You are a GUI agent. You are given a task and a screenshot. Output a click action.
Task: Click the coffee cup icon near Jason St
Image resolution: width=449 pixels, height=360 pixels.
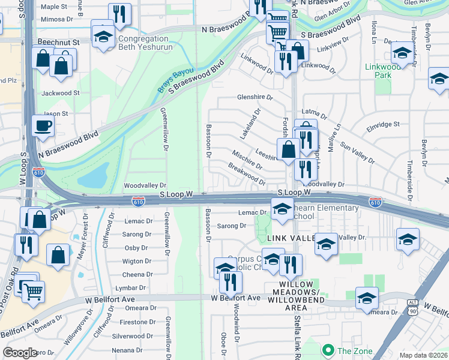[x=43, y=126]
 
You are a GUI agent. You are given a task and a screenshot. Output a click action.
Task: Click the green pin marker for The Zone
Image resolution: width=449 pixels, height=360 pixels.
[x=328, y=350]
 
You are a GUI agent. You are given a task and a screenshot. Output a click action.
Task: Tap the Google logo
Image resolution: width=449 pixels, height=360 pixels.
[x=20, y=353]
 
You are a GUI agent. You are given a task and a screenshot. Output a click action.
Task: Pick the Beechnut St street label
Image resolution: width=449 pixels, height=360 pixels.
[x=58, y=43]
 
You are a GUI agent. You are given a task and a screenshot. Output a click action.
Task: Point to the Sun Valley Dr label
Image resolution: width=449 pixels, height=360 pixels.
[x=357, y=153]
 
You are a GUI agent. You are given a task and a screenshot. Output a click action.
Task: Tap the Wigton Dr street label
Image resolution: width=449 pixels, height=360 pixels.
[x=137, y=261]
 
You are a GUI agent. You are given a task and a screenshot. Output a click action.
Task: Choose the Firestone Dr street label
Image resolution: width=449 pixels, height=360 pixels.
[x=137, y=322]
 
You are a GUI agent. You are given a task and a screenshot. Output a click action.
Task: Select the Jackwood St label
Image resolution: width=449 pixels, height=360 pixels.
[x=61, y=93]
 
